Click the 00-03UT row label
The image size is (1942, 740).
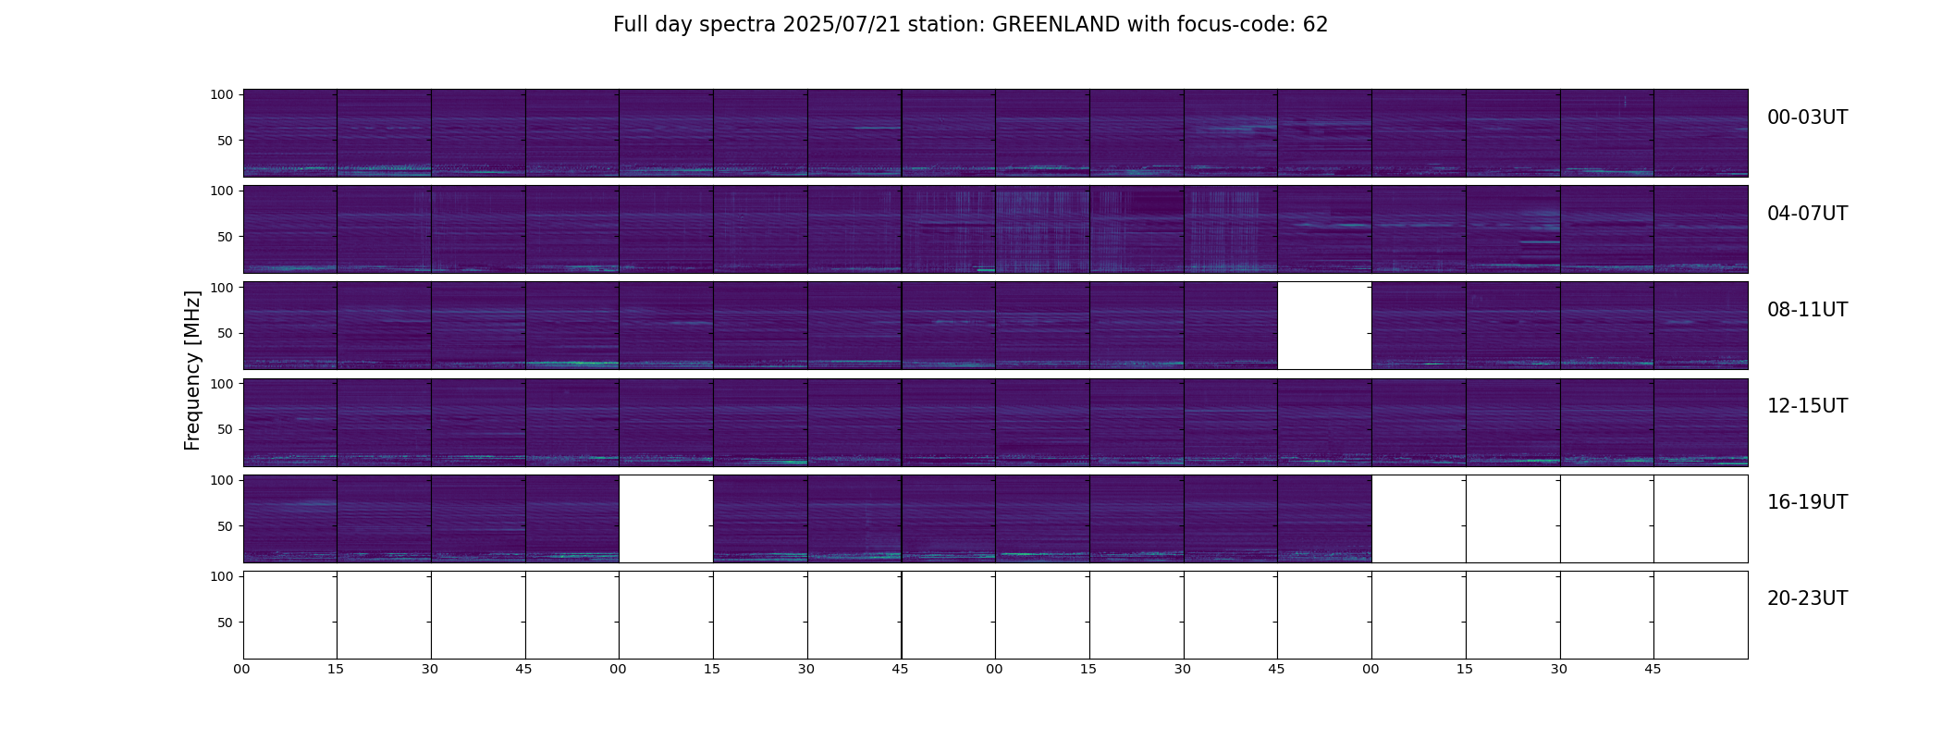coord(1807,117)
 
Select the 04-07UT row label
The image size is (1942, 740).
coord(1807,214)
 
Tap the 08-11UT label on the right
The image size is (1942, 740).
coord(1807,310)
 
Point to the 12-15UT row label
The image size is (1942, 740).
coord(1807,406)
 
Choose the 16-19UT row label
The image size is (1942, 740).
coord(1807,502)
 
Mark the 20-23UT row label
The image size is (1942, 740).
coord(1807,598)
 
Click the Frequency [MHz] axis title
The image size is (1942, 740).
coord(192,370)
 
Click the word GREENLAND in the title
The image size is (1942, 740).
coord(1056,25)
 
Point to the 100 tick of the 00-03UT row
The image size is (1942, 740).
coord(222,94)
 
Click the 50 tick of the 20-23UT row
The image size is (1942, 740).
coord(226,623)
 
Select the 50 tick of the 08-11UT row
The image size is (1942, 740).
coord(226,333)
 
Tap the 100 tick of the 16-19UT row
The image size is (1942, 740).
coord(222,480)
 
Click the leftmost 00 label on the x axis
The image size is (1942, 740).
coord(241,669)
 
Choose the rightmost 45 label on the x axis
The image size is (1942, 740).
coord(1653,669)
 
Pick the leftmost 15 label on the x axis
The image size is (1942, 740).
coord(336,669)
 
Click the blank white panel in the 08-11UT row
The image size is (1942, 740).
coord(1324,326)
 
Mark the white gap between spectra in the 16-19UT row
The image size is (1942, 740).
coord(666,519)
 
